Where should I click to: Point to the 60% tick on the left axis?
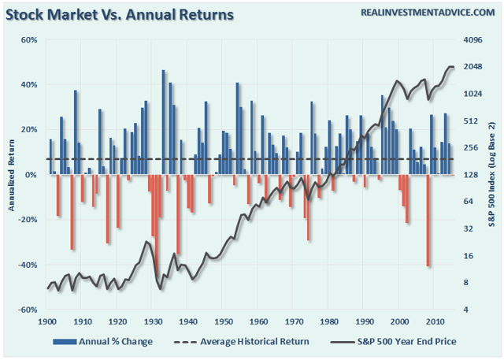pyautogui.click(x=28, y=39)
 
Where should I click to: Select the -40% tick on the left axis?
pyautogui.click(x=27, y=265)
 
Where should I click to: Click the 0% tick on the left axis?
pyautogui.click(x=31, y=175)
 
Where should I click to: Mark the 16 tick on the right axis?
pyautogui.click(x=469, y=256)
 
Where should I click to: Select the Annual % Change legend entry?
pyautogui.click(x=103, y=341)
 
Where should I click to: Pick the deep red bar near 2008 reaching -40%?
pyautogui.click(x=428, y=221)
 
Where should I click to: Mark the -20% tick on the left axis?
pyautogui.click(x=27, y=220)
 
